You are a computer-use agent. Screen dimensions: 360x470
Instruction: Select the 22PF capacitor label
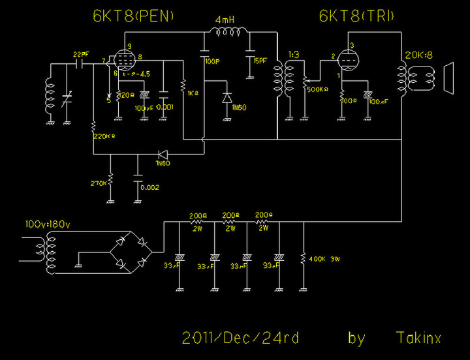point(82,53)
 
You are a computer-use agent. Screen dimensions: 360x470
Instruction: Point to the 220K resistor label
point(104,136)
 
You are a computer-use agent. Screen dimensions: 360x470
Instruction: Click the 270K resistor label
point(99,184)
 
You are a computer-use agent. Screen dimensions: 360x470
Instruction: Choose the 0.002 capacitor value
point(149,187)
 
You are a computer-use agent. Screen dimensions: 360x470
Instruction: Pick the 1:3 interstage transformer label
point(293,54)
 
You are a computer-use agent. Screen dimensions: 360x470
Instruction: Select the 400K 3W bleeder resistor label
point(324,260)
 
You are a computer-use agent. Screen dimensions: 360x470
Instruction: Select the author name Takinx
point(418,338)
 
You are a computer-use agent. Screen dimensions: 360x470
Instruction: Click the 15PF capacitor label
point(260,61)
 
